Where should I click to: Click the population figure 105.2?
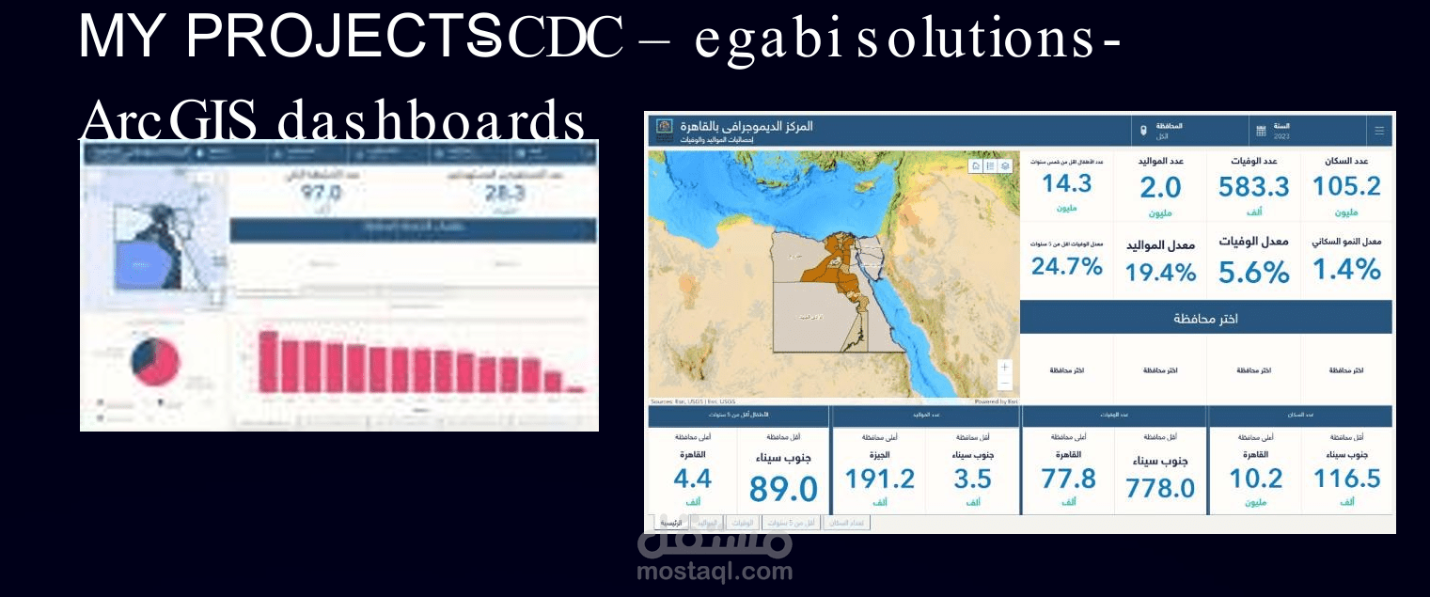click(x=1346, y=186)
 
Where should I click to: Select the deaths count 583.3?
click(x=1253, y=187)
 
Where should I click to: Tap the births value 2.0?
click(x=1160, y=188)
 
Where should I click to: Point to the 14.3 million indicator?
click(x=1066, y=182)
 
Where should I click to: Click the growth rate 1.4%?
click(x=1346, y=271)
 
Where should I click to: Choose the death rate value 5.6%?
click(x=1253, y=273)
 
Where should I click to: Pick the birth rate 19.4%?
click(x=1160, y=273)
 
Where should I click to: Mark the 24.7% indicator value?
click(x=1066, y=266)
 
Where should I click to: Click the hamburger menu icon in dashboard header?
click(x=1379, y=131)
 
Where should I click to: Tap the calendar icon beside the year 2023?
click(x=1261, y=131)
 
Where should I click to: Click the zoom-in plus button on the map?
click(x=1004, y=367)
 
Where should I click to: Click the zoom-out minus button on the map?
click(x=1004, y=384)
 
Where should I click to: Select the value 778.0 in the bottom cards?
click(x=1160, y=488)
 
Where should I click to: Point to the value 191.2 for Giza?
click(x=879, y=479)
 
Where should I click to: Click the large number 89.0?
click(x=783, y=489)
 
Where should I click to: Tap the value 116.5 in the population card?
click(x=1346, y=479)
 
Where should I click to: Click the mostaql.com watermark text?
click(x=715, y=571)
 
